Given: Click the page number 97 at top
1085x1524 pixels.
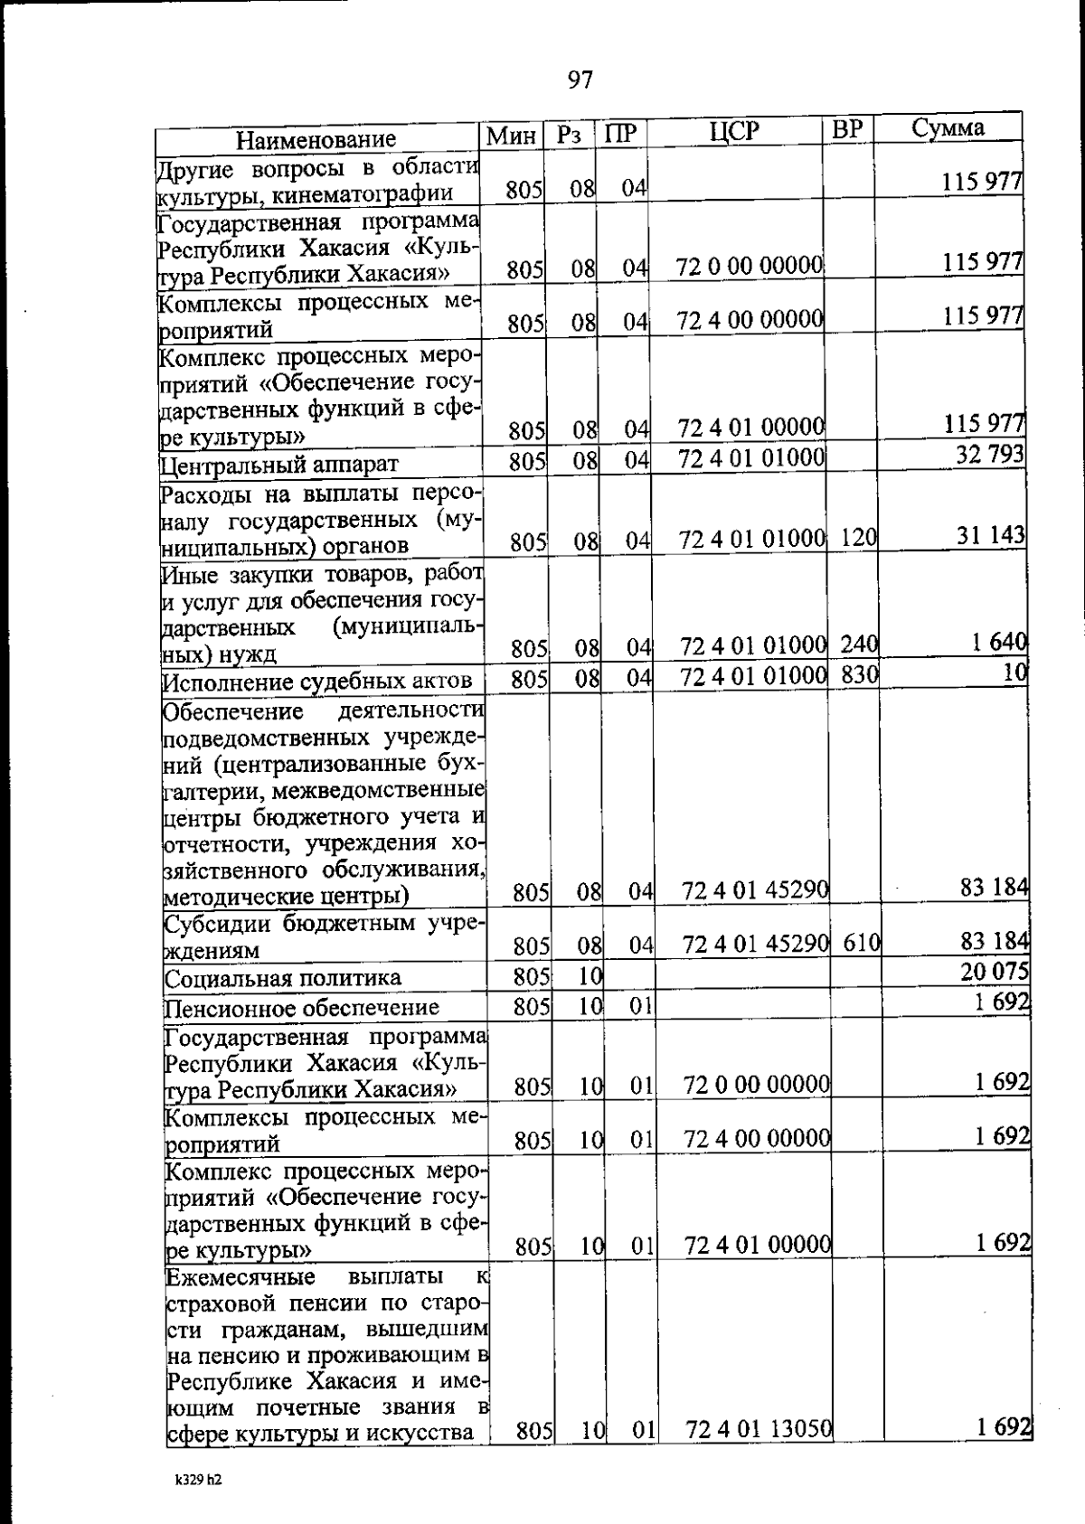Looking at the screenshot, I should click(x=580, y=80).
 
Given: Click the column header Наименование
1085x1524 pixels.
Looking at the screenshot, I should click(x=316, y=139).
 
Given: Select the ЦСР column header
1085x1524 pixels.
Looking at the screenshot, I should click(x=734, y=133).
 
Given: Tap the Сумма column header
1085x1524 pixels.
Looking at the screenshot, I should click(x=947, y=127).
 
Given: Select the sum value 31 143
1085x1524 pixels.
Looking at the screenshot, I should click(x=991, y=535).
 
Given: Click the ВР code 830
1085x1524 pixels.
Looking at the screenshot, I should click(x=859, y=673).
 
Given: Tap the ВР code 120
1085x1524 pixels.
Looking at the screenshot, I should click(x=858, y=538).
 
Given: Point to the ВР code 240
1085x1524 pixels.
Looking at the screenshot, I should click(x=859, y=644).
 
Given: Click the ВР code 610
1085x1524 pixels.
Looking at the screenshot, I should click(x=862, y=942).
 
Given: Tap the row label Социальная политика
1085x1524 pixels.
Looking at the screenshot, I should click(x=282, y=978).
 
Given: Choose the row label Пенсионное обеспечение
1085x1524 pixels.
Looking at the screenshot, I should click(x=301, y=1007).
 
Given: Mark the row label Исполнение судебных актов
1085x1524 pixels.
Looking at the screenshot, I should click(x=316, y=682).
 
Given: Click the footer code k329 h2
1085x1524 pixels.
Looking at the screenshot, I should click(x=198, y=1505).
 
